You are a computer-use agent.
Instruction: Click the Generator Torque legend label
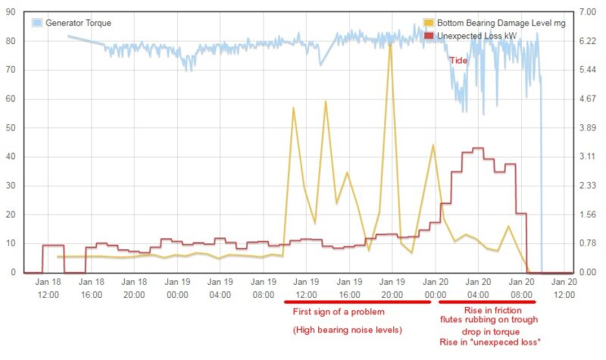point(79,23)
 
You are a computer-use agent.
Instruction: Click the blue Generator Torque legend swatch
point(37,23)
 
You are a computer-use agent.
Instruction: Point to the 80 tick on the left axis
point(11,42)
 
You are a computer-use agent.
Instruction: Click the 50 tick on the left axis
point(11,128)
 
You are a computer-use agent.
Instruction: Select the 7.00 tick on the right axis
point(588,13)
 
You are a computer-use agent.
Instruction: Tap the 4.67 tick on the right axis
point(588,99)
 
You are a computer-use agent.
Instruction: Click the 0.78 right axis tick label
point(588,243)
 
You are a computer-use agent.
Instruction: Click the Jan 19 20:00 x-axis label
point(392,287)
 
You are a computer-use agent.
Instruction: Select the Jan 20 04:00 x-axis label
point(478,287)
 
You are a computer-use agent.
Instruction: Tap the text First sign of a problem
point(339,311)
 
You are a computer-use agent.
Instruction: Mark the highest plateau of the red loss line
point(478,149)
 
